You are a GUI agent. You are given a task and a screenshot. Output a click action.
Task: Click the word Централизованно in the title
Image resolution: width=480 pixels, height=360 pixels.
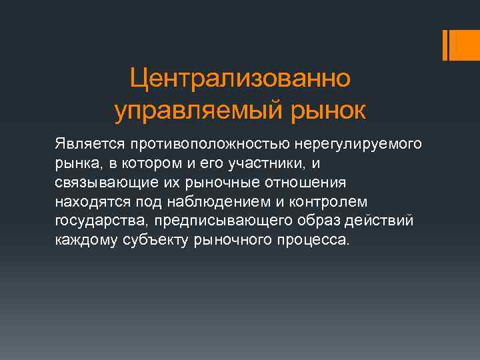pos(239,79)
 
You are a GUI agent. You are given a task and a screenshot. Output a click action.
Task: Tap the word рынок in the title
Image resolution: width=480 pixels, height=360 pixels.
pos(325,111)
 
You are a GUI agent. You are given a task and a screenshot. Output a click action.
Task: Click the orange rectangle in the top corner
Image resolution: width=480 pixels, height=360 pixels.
pos(460,45)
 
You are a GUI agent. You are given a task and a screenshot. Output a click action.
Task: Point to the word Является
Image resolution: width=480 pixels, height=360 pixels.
pos(81,144)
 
